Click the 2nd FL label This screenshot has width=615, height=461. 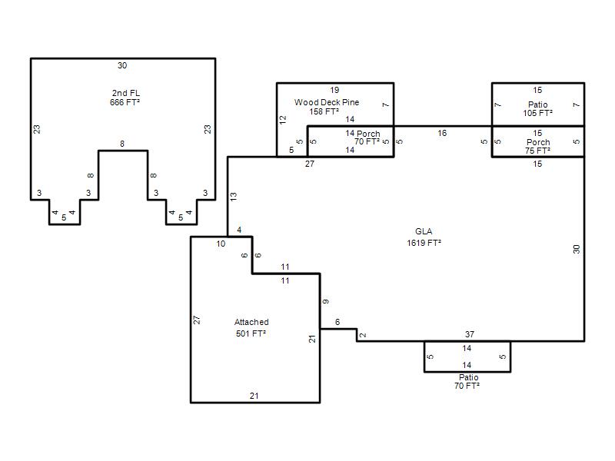[126, 93]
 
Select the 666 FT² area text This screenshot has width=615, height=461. [125, 102]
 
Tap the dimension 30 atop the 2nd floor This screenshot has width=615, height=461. [122, 65]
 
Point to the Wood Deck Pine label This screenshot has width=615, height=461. [327, 102]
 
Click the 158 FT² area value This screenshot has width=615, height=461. [324, 111]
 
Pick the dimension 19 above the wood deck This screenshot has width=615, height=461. [334, 90]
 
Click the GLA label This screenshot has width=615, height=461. [424, 232]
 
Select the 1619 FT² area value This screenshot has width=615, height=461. [424, 243]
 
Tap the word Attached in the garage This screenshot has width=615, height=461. [251, 322]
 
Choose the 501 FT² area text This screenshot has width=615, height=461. [251, 333]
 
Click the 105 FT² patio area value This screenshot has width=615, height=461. [537, 113]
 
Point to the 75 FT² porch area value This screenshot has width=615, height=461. [537, 151]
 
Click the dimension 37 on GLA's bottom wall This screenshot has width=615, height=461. [470, 334]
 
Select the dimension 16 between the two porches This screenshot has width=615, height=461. [443, 133]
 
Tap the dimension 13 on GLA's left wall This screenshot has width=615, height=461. [234, 197]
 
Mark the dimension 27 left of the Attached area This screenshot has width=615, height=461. [197, 320]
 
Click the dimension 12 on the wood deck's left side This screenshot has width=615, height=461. [283, 120]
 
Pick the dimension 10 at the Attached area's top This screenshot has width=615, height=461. [221, 244]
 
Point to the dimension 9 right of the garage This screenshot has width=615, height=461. [326, 301]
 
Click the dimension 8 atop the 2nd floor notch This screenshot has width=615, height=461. [122, 144]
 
